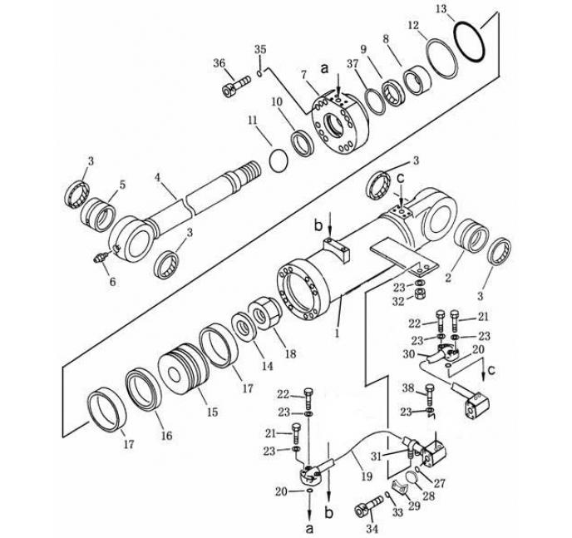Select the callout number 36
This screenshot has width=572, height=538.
(219, 62)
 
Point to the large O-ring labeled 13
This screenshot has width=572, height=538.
(472, 39)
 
